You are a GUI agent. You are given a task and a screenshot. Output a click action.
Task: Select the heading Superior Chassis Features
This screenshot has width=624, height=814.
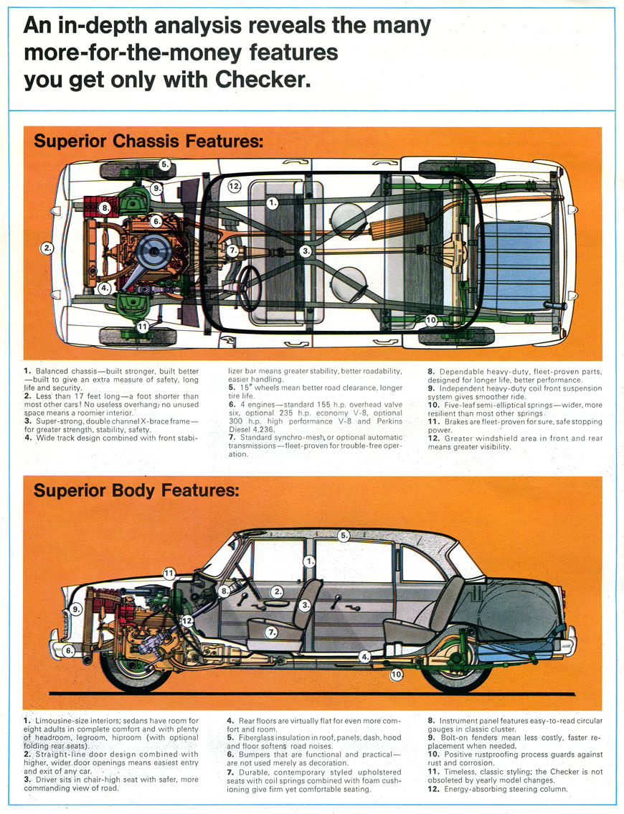(x=148, y=141)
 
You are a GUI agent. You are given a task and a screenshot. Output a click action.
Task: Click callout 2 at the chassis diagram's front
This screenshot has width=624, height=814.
(x=48, y=248)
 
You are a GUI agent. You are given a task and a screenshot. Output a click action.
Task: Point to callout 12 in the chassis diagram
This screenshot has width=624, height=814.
(x=234, y=186)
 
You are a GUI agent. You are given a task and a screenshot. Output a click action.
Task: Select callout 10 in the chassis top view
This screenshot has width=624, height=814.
(x=431, y=320)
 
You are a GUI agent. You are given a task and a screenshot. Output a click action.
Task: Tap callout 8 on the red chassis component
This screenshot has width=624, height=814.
(x=105, y=208)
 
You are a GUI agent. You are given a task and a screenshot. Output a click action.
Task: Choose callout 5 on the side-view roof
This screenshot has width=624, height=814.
(x=344, y=535)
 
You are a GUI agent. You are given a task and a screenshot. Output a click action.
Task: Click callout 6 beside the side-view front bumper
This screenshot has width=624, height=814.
(x=69, y=650)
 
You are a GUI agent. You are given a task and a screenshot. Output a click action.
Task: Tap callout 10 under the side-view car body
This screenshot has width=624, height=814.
(x=396, y=674)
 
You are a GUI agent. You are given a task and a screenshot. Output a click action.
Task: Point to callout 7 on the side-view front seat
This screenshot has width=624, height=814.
(x=270, y=632)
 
